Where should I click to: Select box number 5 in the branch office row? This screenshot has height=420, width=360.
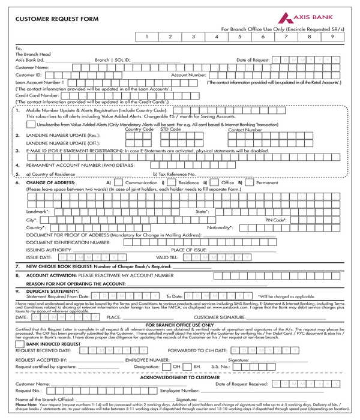coord(239,37)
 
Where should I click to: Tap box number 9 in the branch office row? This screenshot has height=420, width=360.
coord(332,37)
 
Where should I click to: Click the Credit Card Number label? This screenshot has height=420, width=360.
coord(37,95)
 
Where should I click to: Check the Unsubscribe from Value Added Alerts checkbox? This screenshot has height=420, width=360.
coord(31,124)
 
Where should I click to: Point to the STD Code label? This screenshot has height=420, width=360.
coord(170,129)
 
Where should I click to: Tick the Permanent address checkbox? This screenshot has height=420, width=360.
coord(250,182)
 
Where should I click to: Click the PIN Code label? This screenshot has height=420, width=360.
coord(276,220)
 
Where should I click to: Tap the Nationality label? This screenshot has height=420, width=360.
coord(220,228)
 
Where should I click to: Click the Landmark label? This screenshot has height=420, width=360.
coord(38,212)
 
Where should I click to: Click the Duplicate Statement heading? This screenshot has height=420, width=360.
coord(52,291)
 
